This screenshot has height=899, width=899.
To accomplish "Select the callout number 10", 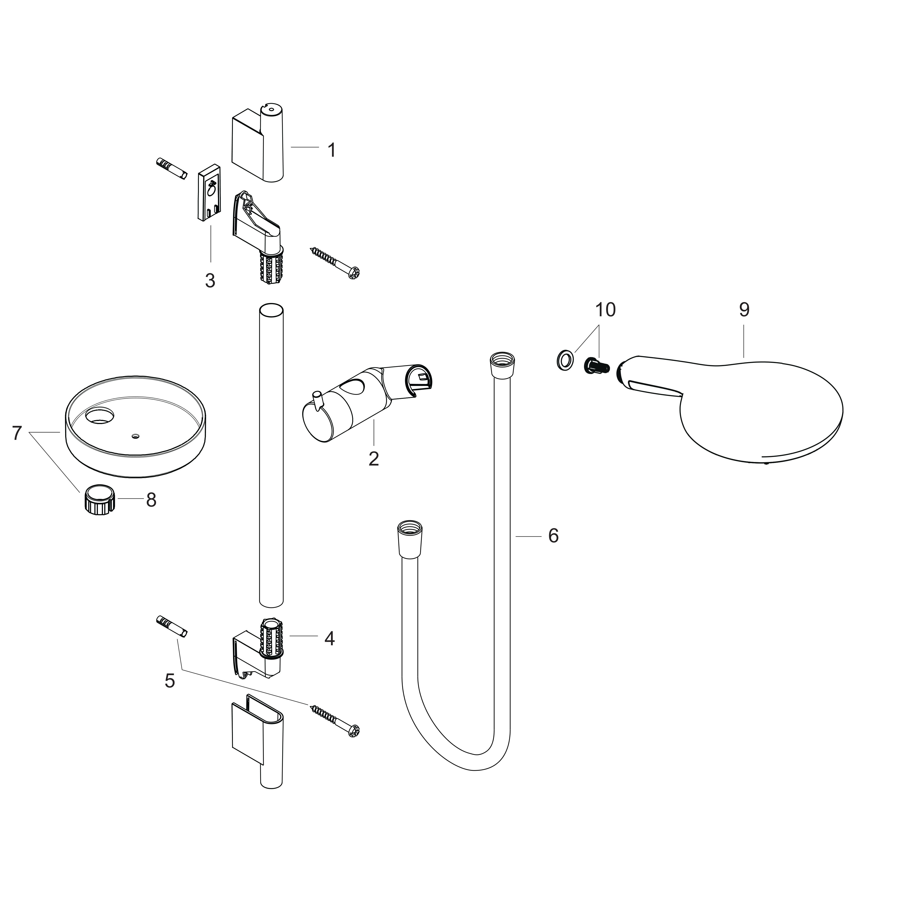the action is pyautogui.click(x=605, y=309).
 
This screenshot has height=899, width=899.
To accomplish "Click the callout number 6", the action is pyautogui.click(x=553, y=536).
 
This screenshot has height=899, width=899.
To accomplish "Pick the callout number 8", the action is pyautogui.click(x=151, y=500).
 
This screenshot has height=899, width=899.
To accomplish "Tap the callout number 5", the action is pyautogui.click(x=170, y=681).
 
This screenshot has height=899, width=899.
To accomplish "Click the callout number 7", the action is pyautogui.click(x=17, y=433).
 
